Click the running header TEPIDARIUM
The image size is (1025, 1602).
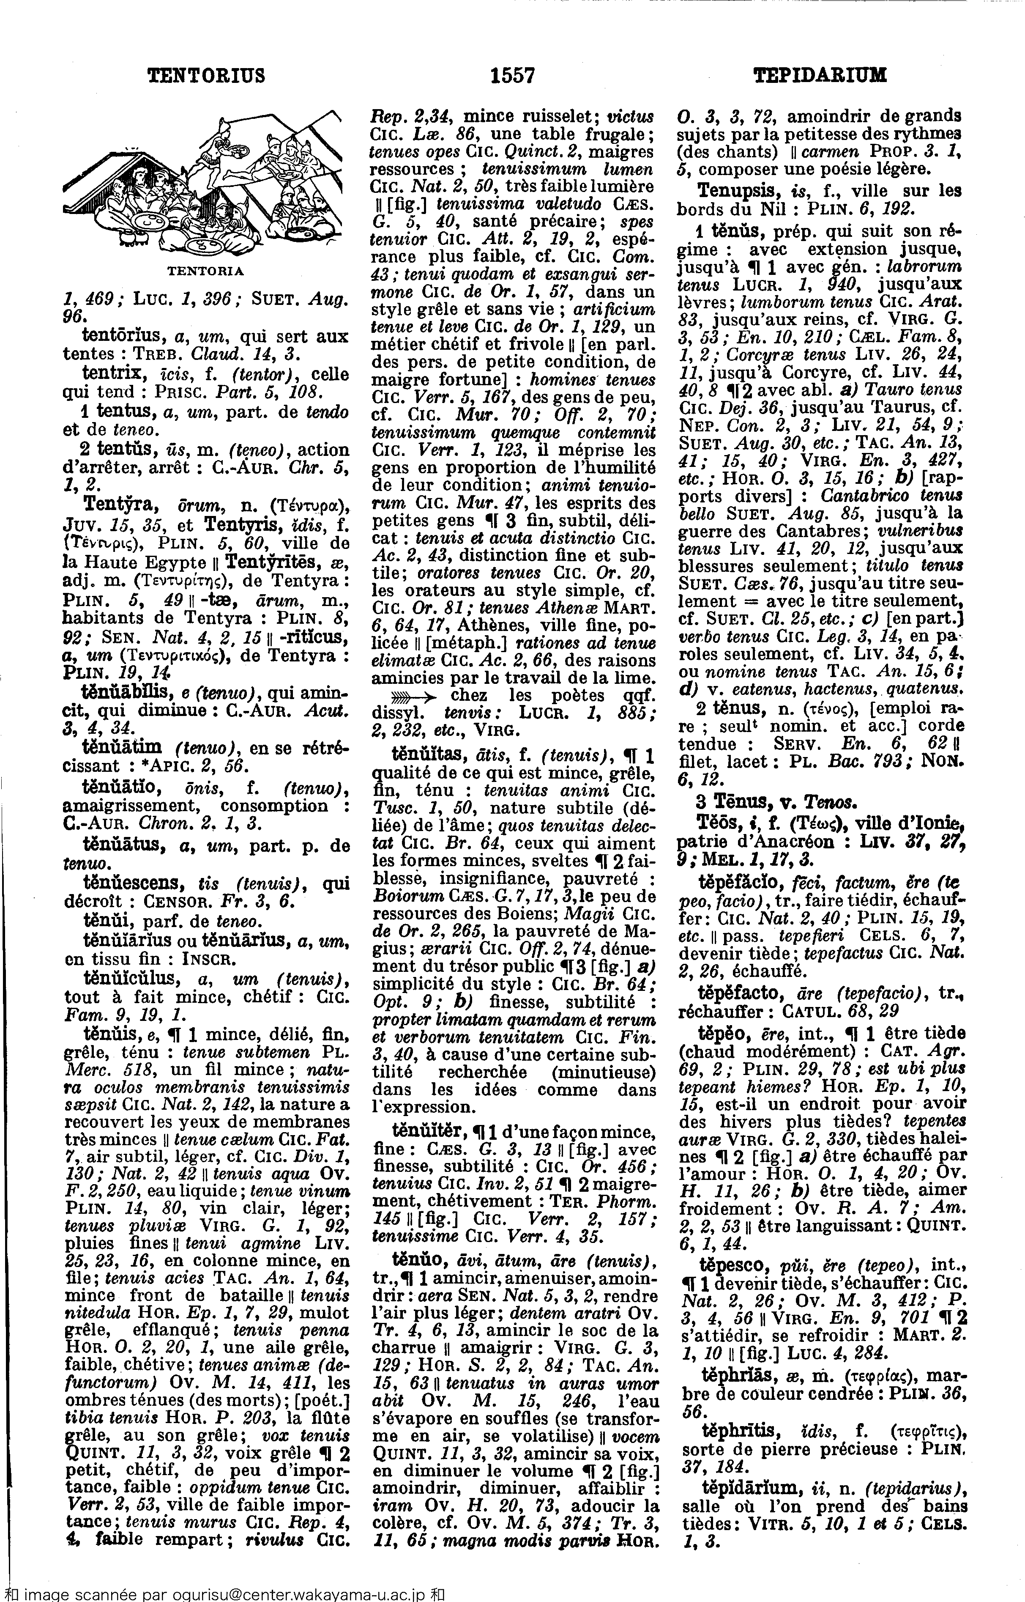(820, 75)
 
